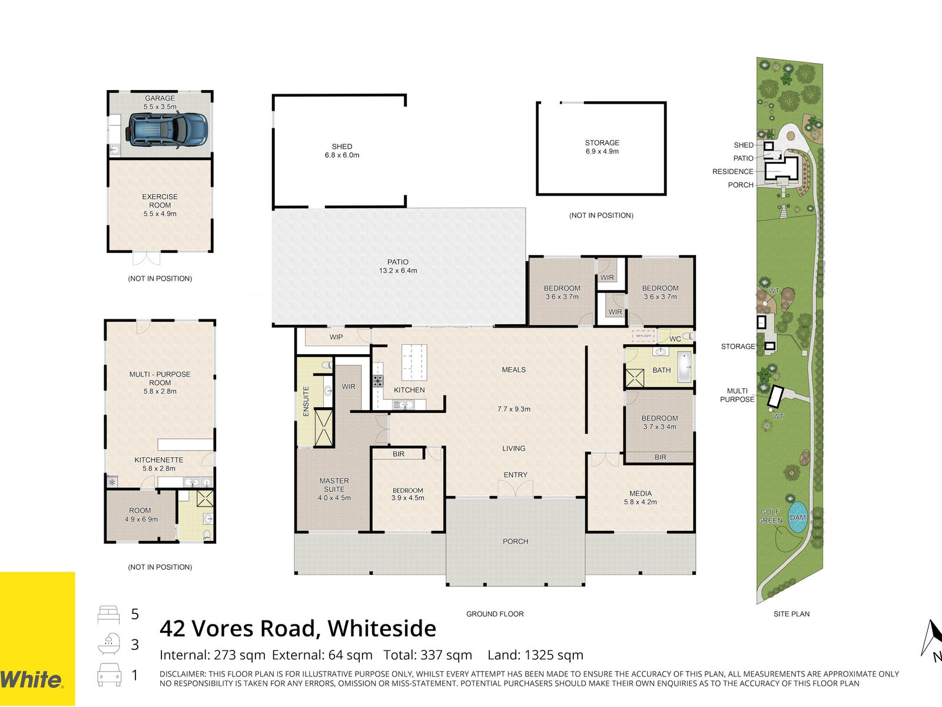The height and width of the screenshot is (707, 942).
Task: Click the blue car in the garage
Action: pos(167,130)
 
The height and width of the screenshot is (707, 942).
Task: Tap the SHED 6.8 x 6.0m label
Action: pos(342,151)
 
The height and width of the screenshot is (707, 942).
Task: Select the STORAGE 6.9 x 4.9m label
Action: pos(602,147)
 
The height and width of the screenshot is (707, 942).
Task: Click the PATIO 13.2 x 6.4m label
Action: pos(398,266)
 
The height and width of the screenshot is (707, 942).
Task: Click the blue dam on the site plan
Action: pos(797,517)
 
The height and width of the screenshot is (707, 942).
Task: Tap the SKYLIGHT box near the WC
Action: pos(644,336)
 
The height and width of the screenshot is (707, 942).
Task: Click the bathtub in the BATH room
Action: pos(684,367)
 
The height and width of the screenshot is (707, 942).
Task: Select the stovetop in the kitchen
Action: pos(377,381)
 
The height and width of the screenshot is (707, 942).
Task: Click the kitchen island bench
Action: pos(414,362)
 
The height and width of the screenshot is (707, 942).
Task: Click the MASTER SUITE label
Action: pos(334,485)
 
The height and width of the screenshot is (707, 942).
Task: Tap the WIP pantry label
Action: pos(336,337)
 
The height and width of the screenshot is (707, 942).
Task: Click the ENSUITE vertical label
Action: pos(306,401)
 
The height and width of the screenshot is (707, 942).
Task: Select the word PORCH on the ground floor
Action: pos(515,541)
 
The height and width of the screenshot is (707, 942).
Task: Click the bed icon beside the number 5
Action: pos(108,615)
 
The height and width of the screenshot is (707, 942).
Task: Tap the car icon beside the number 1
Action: pos(109,675)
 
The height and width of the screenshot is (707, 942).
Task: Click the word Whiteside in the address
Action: pos(382,629)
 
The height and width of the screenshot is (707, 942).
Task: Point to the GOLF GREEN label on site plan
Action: pos(769,516)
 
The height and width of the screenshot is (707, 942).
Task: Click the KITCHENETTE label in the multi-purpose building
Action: pos(159,460)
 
